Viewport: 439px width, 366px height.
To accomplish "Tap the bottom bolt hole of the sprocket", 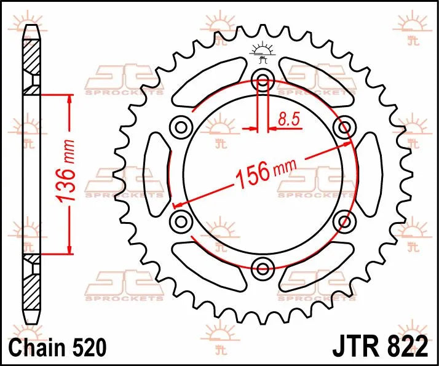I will tap(263, 268).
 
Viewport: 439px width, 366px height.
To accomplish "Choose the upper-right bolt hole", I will tap(344, 127).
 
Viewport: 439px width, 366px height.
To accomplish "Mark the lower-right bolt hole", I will tap(344, 220).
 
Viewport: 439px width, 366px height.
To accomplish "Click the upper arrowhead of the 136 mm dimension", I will tap(69, 99).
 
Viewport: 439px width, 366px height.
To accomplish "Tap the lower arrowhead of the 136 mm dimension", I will tap(69, 249).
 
